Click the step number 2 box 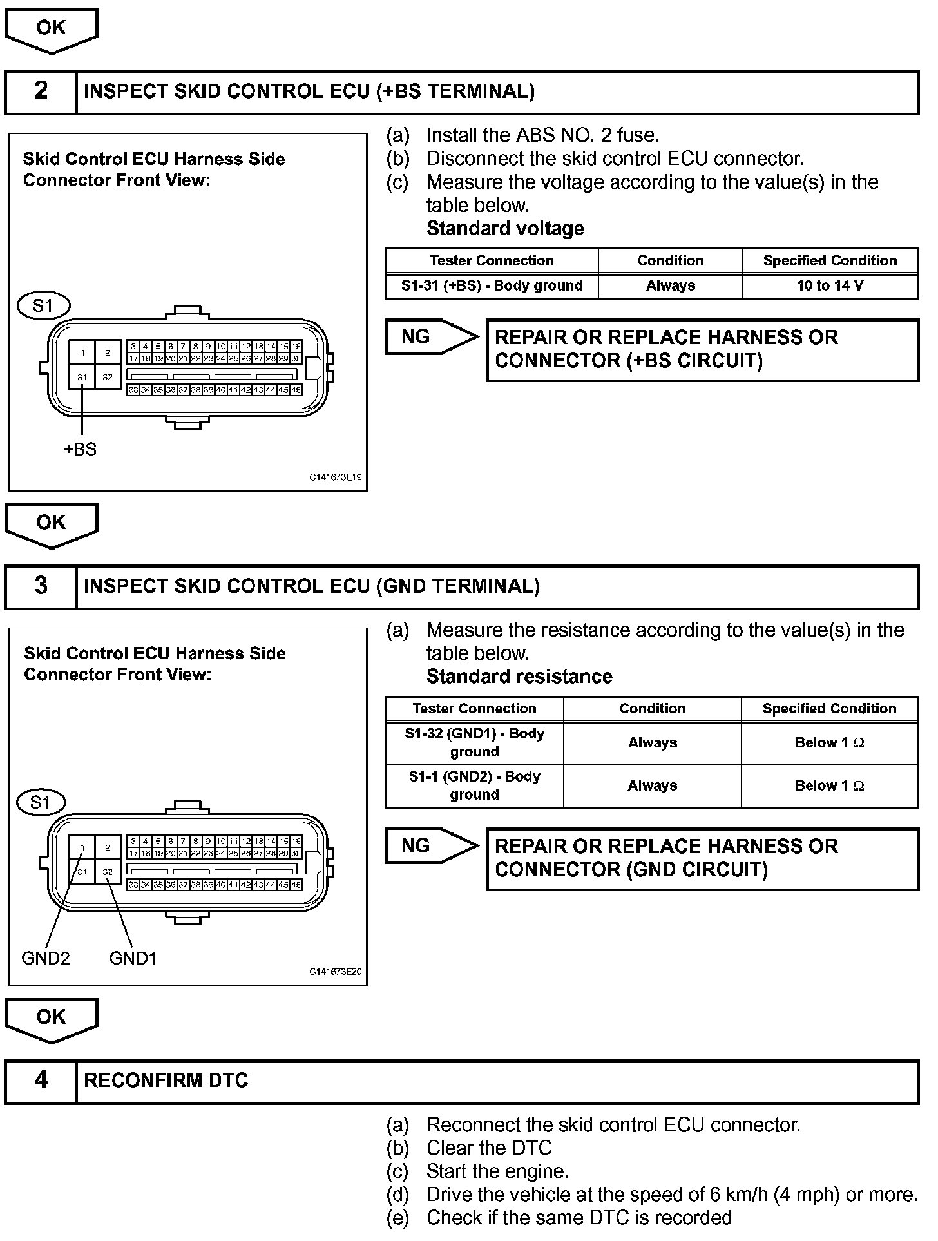(41, 91)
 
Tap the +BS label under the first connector (81, 449)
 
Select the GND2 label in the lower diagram (45, 958)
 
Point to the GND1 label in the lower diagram (133, 958)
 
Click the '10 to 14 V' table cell (830, 285)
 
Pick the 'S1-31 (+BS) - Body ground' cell (492, 285)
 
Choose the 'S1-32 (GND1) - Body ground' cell (474, 742)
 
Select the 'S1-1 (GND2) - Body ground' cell (474, 785)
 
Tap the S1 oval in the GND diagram (40, 802)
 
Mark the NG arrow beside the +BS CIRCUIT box (430, 336)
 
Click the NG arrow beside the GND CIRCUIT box (430, 845)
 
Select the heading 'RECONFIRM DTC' (166, 1081)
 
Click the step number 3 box (41, 586)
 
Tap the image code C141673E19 (335, 477)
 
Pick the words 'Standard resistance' (519, 677)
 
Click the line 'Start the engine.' (497, 1171)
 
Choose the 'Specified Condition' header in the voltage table (830, 260)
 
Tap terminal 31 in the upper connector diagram (82, 377)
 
